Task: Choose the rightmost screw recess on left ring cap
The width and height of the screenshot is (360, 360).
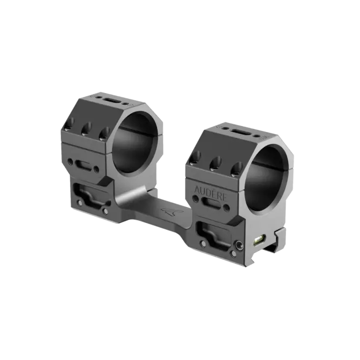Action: coord(104,133)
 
